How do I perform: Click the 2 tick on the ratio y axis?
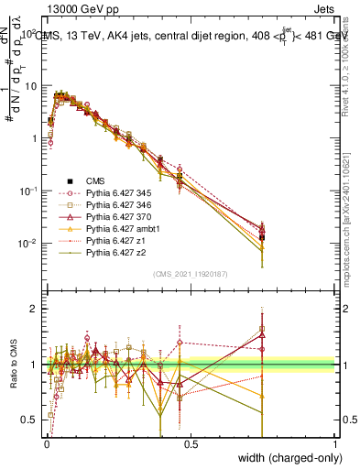pyautogui.click(x=35, y=309)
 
